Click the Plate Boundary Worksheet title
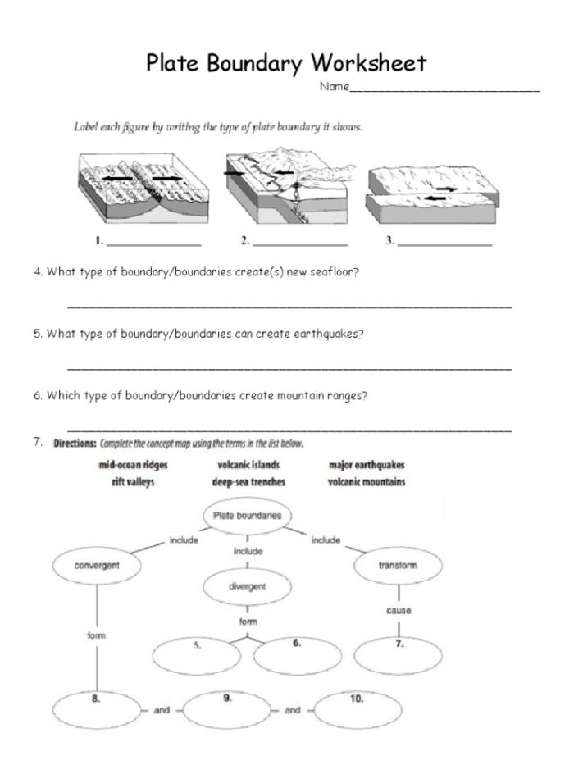[x=286, y=62]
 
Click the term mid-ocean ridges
[x=133, y=466]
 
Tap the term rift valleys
[x=133, y=482]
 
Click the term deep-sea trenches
[x=248, y=482]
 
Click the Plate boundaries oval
[x=248, y=516]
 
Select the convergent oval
[x=97, y=565]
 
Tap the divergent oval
[x=248, y=587]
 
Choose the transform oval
[x=398, y=565]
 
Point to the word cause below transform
[x=398, y=611]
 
